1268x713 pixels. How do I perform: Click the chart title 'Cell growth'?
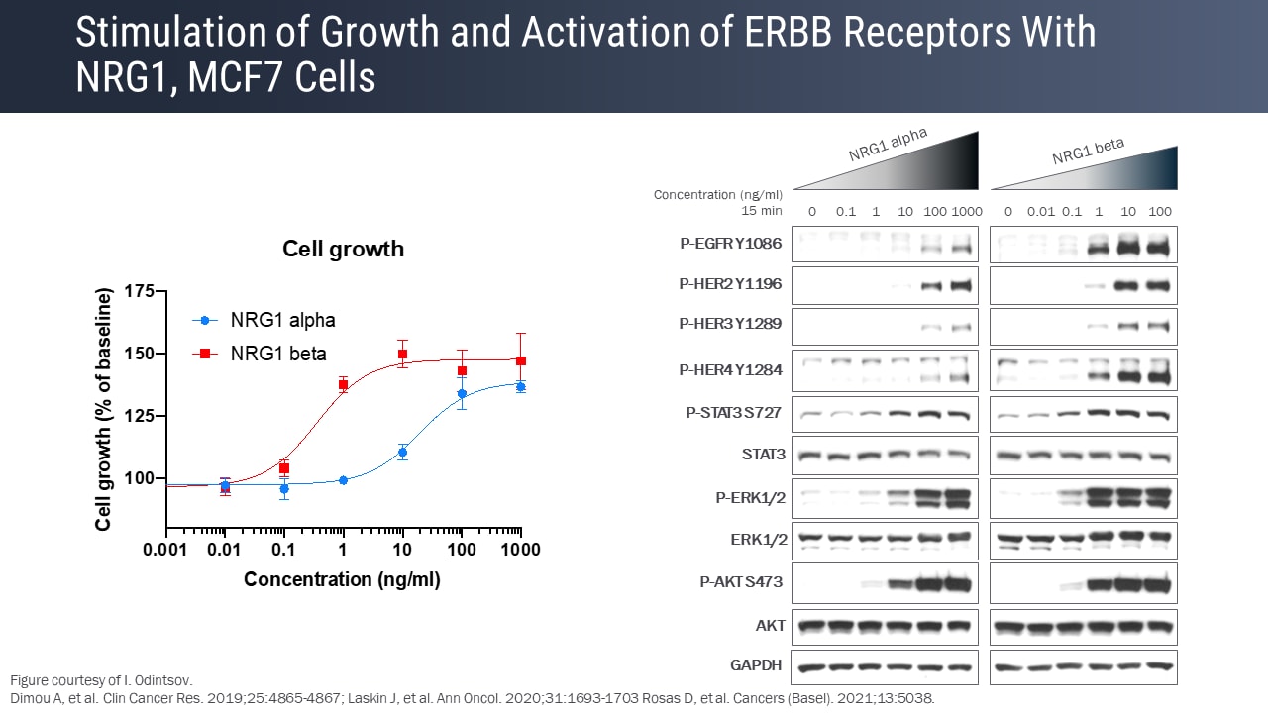343,249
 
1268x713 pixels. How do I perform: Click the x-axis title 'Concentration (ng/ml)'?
342,579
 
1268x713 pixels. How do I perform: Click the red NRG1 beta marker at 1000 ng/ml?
521,360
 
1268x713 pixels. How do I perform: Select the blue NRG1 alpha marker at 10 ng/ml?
402,452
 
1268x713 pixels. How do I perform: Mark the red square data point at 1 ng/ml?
343,385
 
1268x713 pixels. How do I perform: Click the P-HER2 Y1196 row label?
730,285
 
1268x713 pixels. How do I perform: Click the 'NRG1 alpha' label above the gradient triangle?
887,147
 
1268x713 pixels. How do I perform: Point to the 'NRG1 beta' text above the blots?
1088,152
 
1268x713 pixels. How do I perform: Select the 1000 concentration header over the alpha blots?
967,211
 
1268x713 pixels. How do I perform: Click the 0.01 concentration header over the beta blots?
1039,211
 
